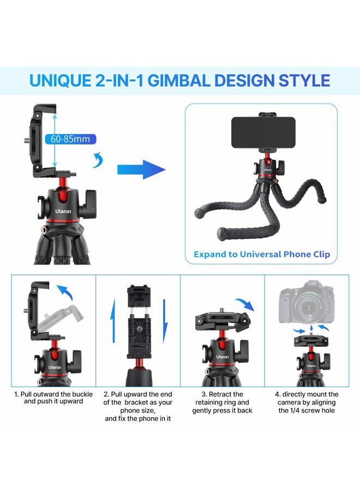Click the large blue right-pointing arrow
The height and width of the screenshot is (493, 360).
click(141, 170)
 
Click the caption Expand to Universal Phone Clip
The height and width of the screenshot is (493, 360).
click(262, 254)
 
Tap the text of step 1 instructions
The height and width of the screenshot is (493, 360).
click(52, 398)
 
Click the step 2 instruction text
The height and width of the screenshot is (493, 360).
click(138, 406)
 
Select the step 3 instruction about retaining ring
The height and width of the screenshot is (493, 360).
click(222, 402)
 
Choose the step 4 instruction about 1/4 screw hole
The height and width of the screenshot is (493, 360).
click(307, 402)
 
